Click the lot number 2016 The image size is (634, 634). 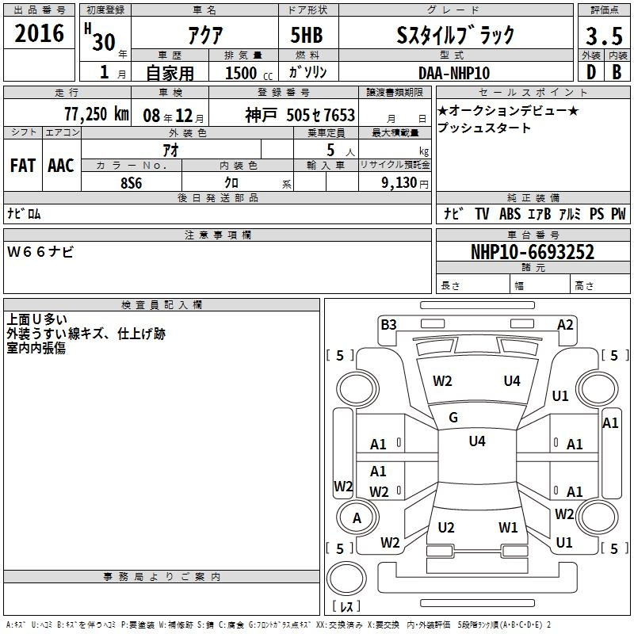(39, 32)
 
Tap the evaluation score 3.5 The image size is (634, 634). (604, 36)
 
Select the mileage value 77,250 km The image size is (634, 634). (97, 114)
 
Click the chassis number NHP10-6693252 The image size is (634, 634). (533, 252)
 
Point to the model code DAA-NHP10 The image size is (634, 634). (454, 73)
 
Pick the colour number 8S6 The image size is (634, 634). (132, 183)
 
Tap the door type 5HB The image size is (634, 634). (307, 35)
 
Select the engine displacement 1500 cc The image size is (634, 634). (249, 73)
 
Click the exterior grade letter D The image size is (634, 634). (591, 72)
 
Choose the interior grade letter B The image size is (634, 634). (617, 72)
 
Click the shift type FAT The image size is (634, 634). (23, 166)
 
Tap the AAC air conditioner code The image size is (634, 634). (61, 166)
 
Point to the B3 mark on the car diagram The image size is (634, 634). (388, 325)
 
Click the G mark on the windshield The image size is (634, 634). (453, 418)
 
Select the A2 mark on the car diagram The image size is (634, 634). (565, 325)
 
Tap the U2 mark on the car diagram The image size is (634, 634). (446, 527)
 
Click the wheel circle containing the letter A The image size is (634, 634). (357, 518)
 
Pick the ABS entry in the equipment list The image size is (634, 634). (510, 213)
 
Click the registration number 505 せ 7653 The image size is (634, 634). (321, 115)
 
